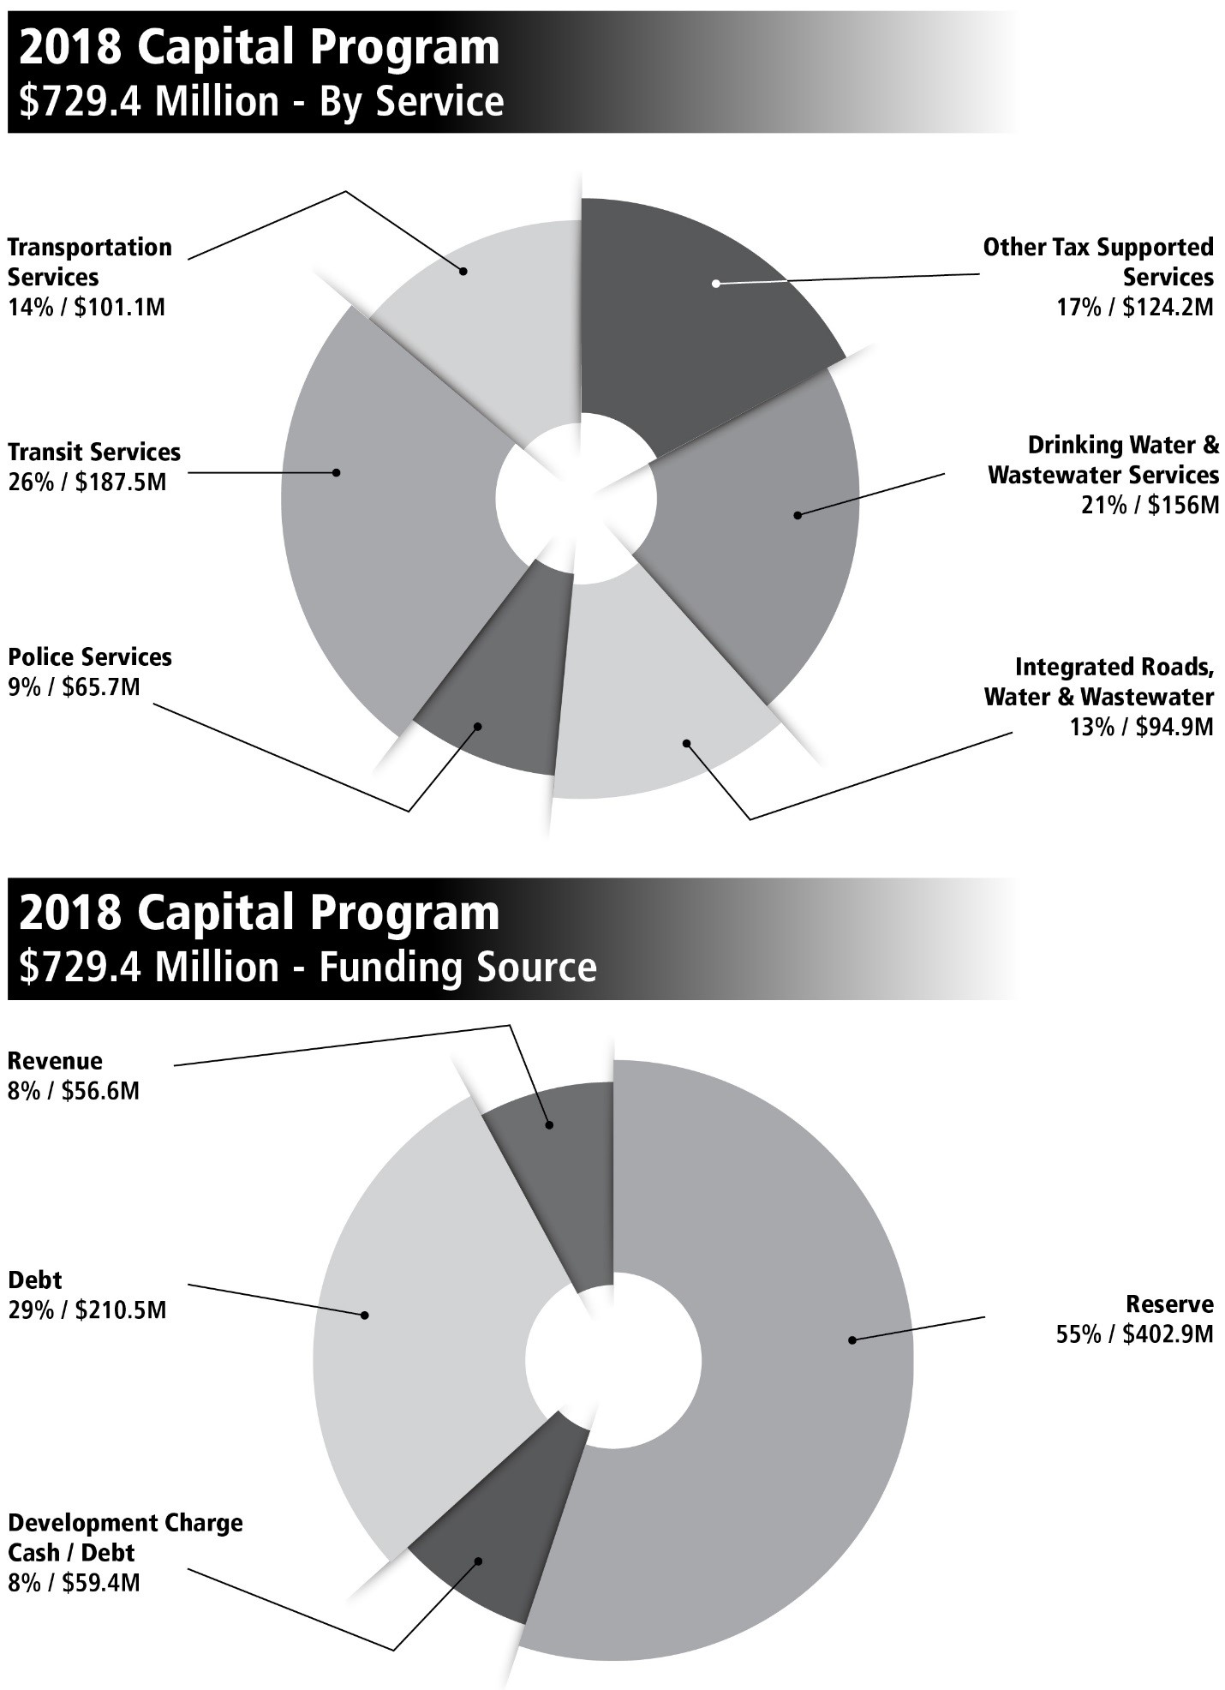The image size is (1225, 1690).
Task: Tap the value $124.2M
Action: coord(1164,307)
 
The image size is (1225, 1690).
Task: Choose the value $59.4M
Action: coord(100,1582)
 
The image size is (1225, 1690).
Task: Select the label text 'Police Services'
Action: coord(90,657)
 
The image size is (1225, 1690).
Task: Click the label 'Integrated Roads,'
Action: coord(1114,667)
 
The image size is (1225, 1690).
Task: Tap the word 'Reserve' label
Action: coord(1169,1304)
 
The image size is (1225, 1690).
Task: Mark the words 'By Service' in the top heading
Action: coord(411,101)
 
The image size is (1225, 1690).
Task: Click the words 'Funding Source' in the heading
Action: coord(457,968)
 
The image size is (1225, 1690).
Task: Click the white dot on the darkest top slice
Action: coord(716,283)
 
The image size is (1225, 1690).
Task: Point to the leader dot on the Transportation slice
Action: coord(463,271)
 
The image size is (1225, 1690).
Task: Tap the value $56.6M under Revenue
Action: coord(100,1091)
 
